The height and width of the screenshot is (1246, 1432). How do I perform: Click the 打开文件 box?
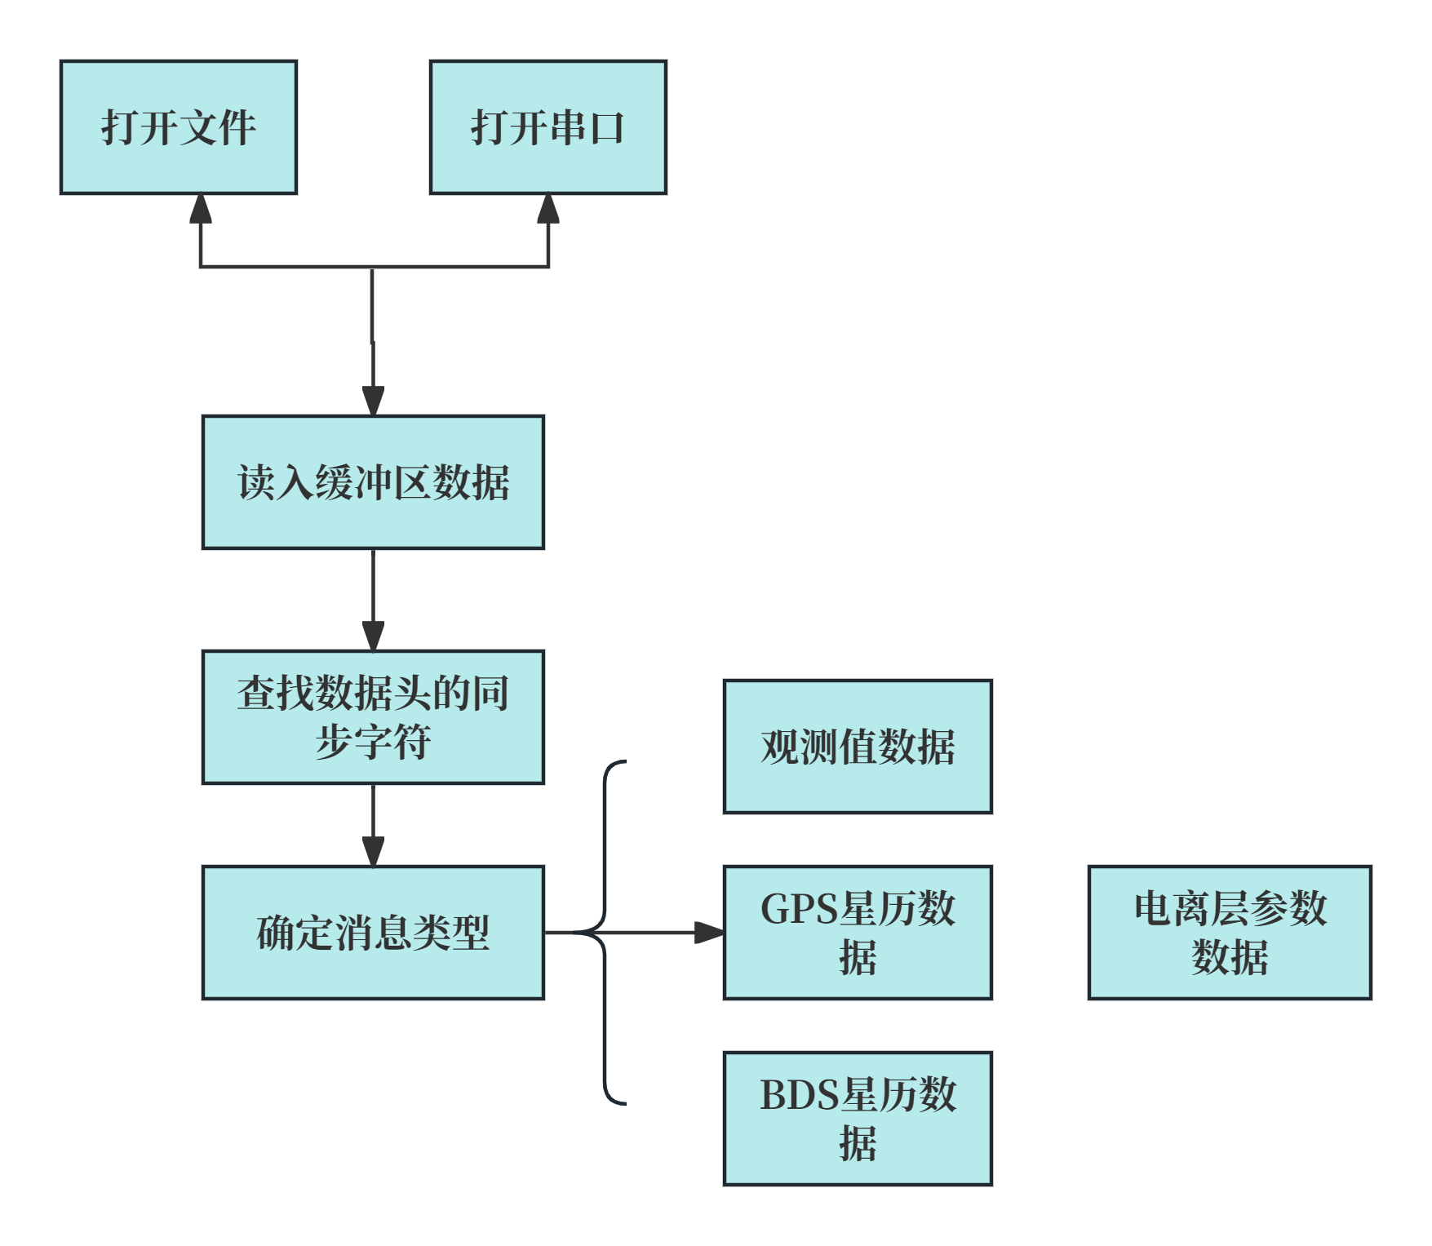(179, 127)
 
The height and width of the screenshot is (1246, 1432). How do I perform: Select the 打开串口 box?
(548, 127)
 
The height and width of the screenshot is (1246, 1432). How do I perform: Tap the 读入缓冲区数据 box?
(373, 482)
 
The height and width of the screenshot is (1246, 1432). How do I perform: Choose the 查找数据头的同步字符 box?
(373, 717)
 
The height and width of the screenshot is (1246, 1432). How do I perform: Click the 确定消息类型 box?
(373, 932)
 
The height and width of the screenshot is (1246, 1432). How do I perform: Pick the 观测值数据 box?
(858, 747)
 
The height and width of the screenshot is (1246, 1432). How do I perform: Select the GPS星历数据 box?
(858, 932)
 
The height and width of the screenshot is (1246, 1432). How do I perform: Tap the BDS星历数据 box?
(858, 1118)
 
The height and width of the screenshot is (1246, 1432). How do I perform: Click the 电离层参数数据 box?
(1230, 932)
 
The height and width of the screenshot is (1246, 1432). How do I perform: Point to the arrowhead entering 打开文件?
(201, 208)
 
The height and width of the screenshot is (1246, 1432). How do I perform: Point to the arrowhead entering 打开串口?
(548, 208)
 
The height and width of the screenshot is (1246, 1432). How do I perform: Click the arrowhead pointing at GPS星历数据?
(708, 932)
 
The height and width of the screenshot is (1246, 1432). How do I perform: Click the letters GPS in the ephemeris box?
(799, 908)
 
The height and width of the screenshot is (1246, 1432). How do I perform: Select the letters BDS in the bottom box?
(799, 1094)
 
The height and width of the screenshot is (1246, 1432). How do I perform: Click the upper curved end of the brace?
(617, 764)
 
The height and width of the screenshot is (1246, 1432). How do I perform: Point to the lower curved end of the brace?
(617, 1102)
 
